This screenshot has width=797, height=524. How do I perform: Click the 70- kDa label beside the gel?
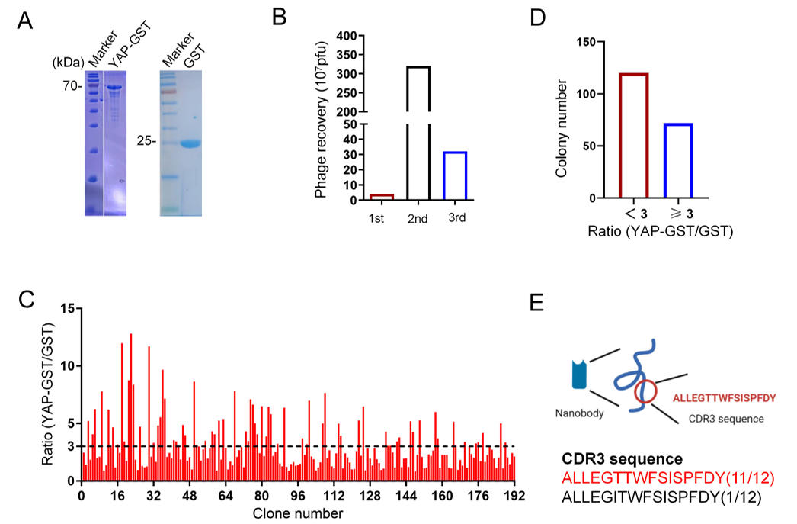pos(72,87)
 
